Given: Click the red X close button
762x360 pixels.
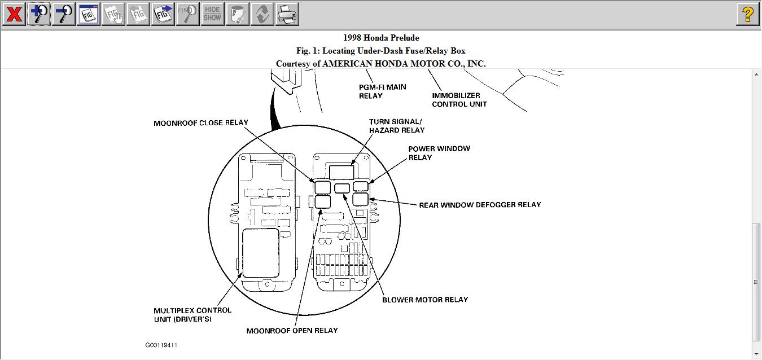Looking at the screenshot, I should click(x=14, y=14).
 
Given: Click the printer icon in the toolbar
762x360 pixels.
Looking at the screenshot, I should click(x=287, y=14).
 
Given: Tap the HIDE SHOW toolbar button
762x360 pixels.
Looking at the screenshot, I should click(x=212, y=14).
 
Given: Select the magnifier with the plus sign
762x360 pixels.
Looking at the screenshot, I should click(x=38, y=14).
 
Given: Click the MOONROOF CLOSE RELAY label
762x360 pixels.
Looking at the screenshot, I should click(x=200, y=123).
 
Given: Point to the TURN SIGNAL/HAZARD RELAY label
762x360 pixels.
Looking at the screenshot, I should click(x=396, y=126).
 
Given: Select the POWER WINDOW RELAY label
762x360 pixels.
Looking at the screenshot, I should click(x=439, y=153).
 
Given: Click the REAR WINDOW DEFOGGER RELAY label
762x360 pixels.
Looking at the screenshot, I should click(x=480, y=205).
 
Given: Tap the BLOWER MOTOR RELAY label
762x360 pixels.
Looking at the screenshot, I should click(x=425, y=300).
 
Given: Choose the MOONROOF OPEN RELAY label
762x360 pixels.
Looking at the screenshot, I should click(x=292, y=331).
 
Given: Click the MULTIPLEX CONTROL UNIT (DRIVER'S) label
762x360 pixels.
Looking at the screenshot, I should click(x=192, y=315).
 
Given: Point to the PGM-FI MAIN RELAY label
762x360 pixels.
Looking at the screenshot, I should click(x=382, y=91).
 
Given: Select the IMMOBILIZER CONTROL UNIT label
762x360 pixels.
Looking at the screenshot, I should click(x=459, y=100).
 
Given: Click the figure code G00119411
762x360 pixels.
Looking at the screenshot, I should click(x=161, y=345).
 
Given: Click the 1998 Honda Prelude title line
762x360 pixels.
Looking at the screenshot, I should click(x=381, y=38).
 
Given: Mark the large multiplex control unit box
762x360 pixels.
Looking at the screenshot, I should click(x=260, y=252).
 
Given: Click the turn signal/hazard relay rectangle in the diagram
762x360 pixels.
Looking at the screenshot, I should click(x=341, y=172).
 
